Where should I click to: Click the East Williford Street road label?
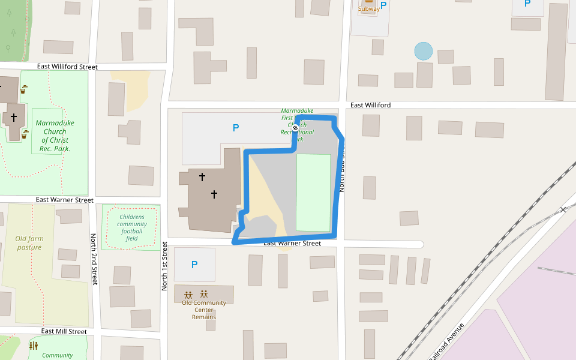(67, 67)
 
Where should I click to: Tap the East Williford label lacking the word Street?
(370, 105)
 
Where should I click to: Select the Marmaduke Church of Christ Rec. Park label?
(55, 136)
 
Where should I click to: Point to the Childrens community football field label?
(131, 227)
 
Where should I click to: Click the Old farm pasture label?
(29, 243)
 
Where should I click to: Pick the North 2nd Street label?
(94, 259)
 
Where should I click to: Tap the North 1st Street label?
(164, 266)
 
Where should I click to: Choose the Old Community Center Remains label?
(204, 310)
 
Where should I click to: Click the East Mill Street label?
(64, 331)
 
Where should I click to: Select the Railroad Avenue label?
(446, 342)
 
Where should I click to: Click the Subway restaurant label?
(368, 8)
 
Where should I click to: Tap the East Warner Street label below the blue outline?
(292, 243)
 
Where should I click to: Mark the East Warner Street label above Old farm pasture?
(64, 199)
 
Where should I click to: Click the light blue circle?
(424, 51)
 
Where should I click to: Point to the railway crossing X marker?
(563, 209)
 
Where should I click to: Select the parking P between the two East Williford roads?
(236, 127)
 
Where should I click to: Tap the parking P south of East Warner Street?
(194, 265)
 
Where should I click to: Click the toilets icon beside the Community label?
(33, 346)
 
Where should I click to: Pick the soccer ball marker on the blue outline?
(295, 128)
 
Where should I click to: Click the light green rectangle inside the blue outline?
(313, 192)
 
